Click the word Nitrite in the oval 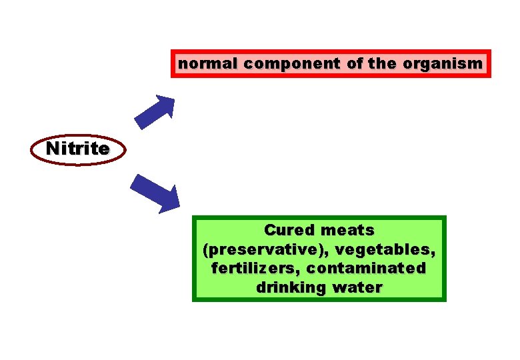click(78, 149)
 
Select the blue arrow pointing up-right click(155, 111)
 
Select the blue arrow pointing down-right click(155, 193)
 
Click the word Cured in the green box click(289, 230)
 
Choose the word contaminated click(365, 268)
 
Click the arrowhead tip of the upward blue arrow click(173, 97)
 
